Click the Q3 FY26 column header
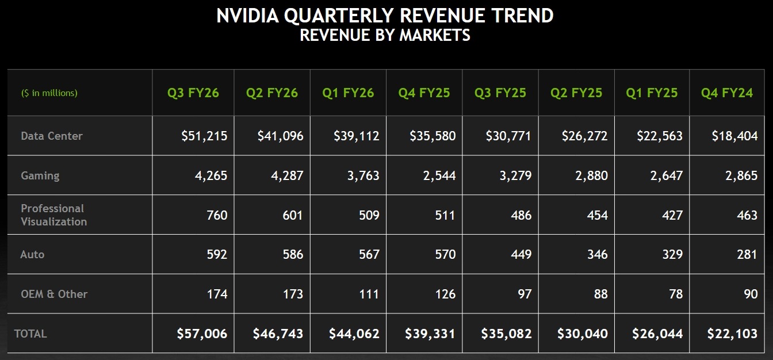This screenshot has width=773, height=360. [193, 93]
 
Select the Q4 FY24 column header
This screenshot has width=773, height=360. [726, 93]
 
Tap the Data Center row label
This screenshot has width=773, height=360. [52, 136]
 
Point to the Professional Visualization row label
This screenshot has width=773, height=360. [53, 215]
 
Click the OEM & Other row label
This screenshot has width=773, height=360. [54, 294]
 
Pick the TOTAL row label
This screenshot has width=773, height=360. [30, 334]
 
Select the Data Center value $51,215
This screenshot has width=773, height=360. [204, 136]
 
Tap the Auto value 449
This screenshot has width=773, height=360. [521, 254]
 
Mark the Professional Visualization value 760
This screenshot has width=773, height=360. [217, 215]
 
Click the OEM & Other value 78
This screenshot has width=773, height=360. [676, 294]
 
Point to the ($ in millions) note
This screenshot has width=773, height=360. [49, 93]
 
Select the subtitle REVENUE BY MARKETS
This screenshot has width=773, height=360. [385, 35]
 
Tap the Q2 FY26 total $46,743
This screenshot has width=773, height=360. [278, 334]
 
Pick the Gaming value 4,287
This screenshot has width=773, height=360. [287, 175]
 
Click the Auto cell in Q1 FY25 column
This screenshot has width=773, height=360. [672, 254]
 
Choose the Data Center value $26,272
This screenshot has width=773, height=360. [584, 136]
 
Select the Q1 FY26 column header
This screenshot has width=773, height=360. [348, 93]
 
